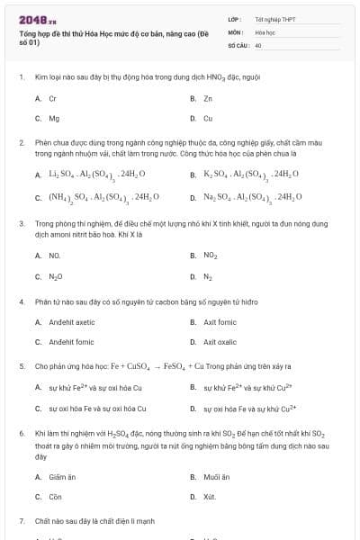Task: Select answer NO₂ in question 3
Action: [210, 256]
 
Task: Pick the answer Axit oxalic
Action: [221, 342]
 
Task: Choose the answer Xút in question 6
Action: [210, 497]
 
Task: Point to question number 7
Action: [22, 521]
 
